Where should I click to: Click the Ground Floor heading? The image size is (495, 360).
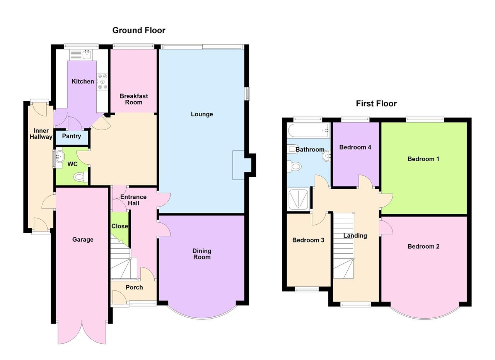point(138,30)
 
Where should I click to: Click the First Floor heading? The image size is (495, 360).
point(376,103)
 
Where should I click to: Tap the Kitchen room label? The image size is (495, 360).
point(83,81)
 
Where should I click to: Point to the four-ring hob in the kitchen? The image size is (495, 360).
point(102,82)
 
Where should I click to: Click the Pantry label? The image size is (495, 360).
point(72,136)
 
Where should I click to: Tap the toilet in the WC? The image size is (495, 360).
point(80,177)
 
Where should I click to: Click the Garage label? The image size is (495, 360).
point(83,239)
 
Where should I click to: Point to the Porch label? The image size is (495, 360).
point(134,287)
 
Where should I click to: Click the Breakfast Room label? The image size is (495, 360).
point(134,99)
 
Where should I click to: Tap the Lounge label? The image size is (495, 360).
point(201,114)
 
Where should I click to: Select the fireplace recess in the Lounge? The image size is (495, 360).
point(238,165)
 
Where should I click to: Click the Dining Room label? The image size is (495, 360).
point(201,254)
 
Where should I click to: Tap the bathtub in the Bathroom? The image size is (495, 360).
point(308,131)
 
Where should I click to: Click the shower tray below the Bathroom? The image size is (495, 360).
point(298,199)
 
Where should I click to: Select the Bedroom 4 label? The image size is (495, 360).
point(355,147)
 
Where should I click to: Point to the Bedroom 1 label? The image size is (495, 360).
point(423,159)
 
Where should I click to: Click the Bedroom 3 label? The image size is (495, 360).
point(308,240)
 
